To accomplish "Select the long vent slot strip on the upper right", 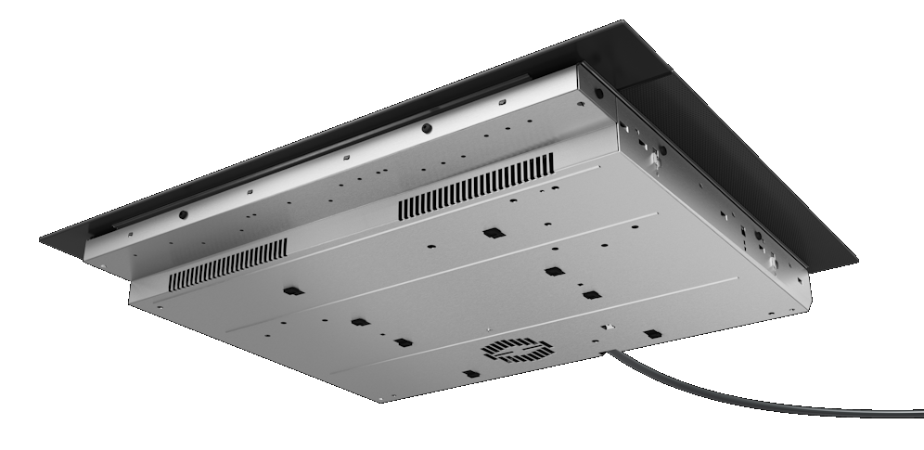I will pos(476,187).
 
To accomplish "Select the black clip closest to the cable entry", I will pos(652,333).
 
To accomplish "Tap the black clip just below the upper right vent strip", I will pos(490,232).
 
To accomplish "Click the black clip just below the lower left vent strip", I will pos(293,291).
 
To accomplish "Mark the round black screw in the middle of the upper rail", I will pos(426,128).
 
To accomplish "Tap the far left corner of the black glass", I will pos(40,241).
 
